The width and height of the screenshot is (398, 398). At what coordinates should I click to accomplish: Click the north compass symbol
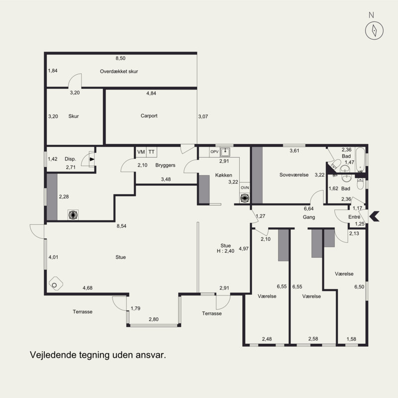click(x=374, y=30)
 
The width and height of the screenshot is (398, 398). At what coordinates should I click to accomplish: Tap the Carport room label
click(x=149, y=116)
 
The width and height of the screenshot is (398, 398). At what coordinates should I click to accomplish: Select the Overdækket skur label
click(x=119, y=71)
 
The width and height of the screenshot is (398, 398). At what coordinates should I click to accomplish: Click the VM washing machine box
click(x=141, y=152)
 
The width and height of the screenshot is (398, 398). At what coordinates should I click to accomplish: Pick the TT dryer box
click(x=152, y=152)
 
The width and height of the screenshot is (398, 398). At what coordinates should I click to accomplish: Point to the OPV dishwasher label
click(x=214, y=152)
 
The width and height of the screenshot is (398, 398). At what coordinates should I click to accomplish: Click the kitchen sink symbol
click(x=225, y=152)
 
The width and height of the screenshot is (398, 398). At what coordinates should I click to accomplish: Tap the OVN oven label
click(x=245, y=188)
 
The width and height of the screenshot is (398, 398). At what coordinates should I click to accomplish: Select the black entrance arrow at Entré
click(x=375, y=216)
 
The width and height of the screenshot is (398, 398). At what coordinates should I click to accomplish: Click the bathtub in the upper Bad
click(x=360, y=159)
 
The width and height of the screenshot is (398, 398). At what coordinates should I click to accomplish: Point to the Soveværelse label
click(x=294, y=175)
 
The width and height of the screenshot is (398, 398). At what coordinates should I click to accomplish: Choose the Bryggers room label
click(x=165, y=165)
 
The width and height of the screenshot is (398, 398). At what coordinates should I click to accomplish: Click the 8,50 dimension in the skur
click(x=120, y=58)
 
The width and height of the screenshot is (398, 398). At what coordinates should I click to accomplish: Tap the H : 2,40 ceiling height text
click(x=225, y=251)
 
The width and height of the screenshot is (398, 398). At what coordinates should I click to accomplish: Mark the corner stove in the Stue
click(x=56, y=284)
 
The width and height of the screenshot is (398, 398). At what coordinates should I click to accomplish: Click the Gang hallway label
click(x=309, y=217)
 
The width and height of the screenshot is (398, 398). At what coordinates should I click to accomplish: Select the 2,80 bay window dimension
click(x=154, y=319)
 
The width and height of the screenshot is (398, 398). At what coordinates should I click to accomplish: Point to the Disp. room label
click(x=70, y=159)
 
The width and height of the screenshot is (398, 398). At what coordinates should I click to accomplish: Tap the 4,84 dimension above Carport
click(x=151, y=93)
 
